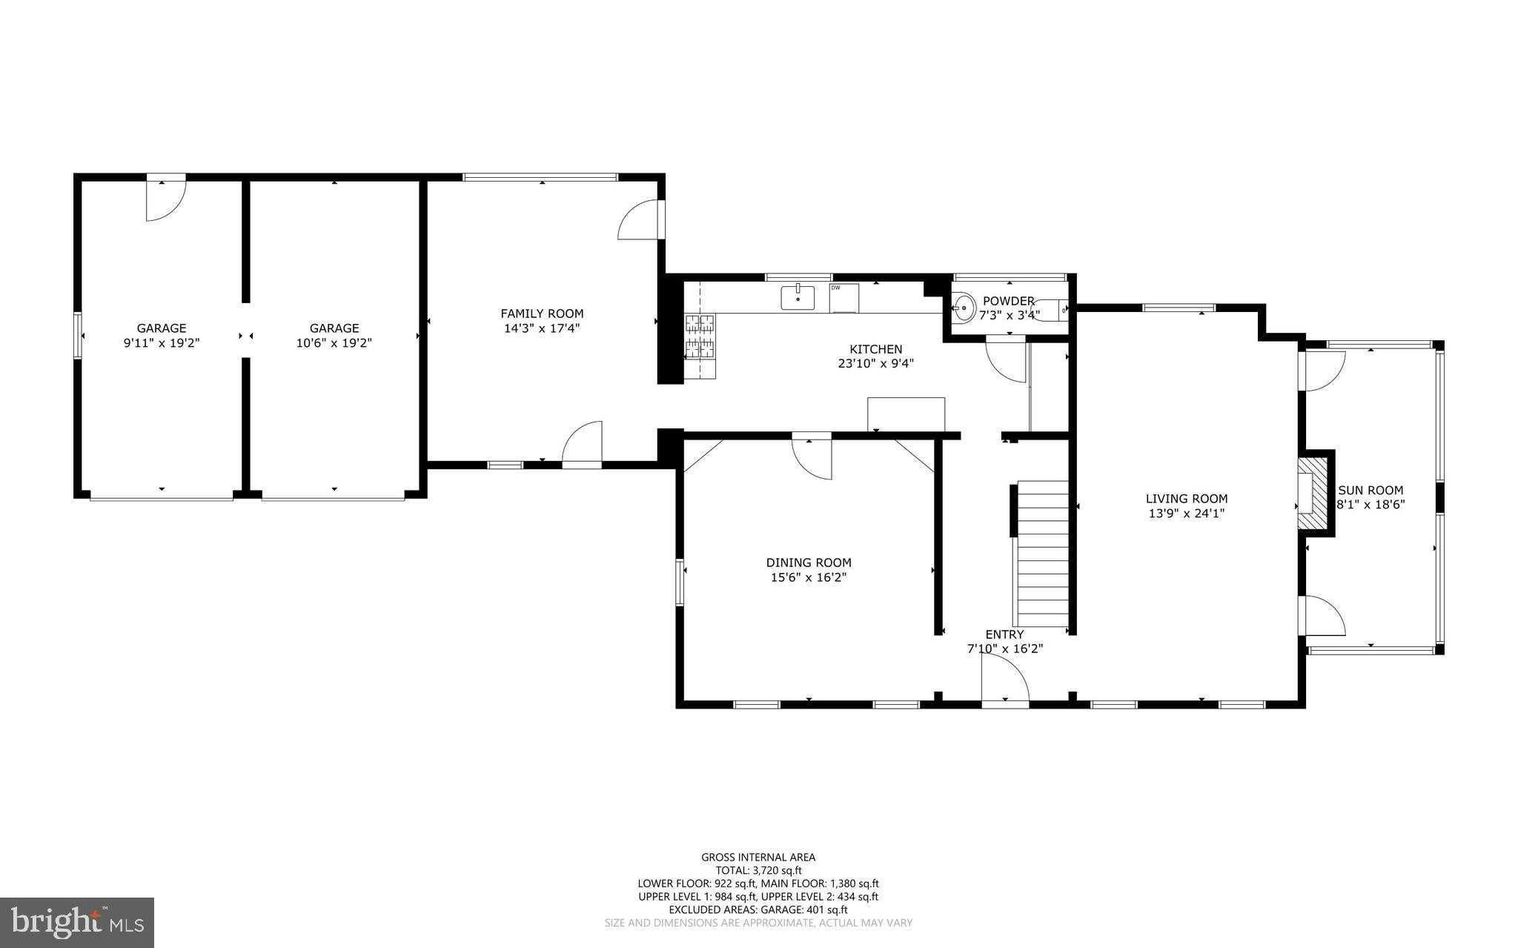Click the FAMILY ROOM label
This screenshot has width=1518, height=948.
coord(542,314)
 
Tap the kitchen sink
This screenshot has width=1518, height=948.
coord(798,298)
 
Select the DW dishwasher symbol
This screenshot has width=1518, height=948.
coord(843,298)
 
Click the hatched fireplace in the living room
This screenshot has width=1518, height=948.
coord(1312,492)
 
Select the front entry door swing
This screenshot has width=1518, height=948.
coord(1005,679)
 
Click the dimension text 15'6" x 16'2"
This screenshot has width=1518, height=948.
coord(809,577)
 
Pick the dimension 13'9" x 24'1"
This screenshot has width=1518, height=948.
coord(1187,513)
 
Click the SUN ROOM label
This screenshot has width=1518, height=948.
coord(1370,490)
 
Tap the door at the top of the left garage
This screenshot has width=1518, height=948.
coord(165,199)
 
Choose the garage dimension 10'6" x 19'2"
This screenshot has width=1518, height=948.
coord(334,343)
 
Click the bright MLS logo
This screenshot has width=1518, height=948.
coord(77,921)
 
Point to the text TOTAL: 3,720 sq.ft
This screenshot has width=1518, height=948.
coord(758,871)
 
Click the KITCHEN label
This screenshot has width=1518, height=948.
coord(875,349)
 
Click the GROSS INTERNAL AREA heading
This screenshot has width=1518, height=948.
coord(758,858)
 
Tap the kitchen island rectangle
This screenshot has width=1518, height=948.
coord(907,414)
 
